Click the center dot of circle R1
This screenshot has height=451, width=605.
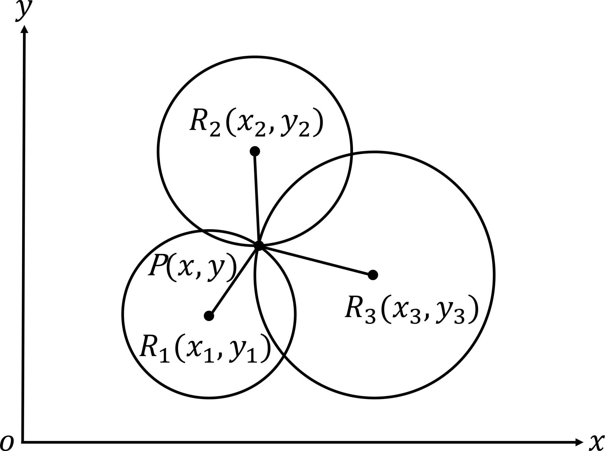click(x=209, y=316)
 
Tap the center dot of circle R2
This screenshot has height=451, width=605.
click(x=255, y=151)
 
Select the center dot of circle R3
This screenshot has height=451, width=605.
click(x=373, y=275)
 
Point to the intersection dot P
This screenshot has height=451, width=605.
click(x=259, y=245)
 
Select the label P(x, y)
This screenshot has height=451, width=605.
click(x=192, y=267)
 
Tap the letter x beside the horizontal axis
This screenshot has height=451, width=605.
click(x=596, y=442)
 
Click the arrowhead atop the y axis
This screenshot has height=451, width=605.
click(x=25, y=29)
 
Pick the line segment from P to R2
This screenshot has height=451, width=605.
click(x=257, y=198)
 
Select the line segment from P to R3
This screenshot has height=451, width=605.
click(x=316, y=260)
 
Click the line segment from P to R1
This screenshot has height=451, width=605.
click(x=234, y=281)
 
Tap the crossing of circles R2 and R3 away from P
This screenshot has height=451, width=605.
click(x=351, y=155)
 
